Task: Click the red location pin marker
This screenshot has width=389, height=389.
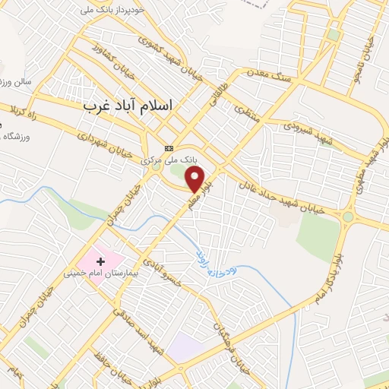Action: (x=197, y=179)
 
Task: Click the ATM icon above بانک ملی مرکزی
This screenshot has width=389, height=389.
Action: (x=169, y=148)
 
